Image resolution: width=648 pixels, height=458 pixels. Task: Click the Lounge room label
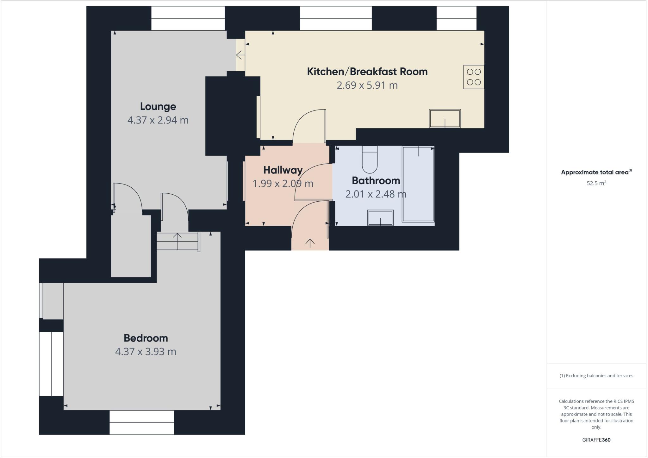[x=158, y=106]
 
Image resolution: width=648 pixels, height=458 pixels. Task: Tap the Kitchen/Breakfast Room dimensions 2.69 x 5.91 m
[x=367, y=85]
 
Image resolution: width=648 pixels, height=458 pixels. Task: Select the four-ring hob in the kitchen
[x=474, y=77]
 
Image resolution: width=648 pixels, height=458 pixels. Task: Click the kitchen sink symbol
[x=445, y=119]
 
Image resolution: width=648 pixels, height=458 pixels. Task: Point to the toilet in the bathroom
[x=369, y=160]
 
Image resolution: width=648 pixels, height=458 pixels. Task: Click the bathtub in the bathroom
[x=418, y=184]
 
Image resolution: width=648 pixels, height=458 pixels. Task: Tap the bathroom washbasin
[x=380, y=218]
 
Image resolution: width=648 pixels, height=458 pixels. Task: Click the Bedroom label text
[x=146, y=338]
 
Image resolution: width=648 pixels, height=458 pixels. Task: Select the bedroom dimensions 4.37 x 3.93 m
[x=146, y=352]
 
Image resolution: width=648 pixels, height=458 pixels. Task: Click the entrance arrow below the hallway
[x=310, y=243]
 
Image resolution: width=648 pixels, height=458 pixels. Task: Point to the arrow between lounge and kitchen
[x=240, y=55]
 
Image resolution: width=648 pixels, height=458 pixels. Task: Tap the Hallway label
[x=283, y=170]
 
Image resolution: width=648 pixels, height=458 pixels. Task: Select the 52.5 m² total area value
[x=596, y=183]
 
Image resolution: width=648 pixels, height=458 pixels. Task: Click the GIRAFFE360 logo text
[x=596, y=440]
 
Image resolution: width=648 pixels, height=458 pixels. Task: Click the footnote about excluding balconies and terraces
[x=596, y=376]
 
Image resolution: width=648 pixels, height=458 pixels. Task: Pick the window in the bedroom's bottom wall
[x=142, y=422]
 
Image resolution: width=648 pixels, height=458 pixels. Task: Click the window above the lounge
[x=188, y=18]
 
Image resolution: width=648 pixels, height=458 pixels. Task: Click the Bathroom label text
[x=376, y=181]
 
